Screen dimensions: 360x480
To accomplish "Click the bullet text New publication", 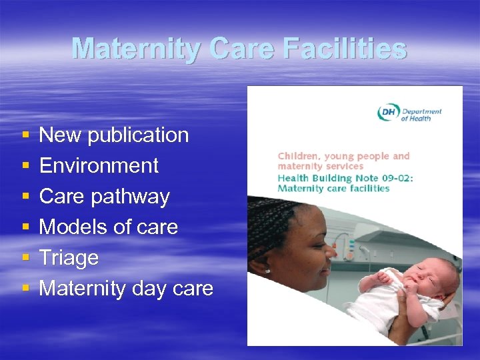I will tap(114, 135).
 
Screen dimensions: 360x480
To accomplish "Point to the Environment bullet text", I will tap(99, 166).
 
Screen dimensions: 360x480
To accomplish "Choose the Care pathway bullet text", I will tap(105, 197).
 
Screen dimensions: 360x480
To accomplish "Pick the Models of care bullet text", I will tap(109, 227).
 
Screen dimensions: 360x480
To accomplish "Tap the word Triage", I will tap(69, 258).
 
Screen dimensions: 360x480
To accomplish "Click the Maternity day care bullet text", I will tap(126, 289).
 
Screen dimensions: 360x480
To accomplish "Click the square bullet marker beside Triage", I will tap(25, 259).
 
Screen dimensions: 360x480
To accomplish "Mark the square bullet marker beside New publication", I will tap(25, 136).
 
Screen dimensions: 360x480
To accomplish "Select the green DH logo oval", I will tap(387, 113).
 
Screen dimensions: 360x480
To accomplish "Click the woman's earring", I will tap(267, 271).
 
